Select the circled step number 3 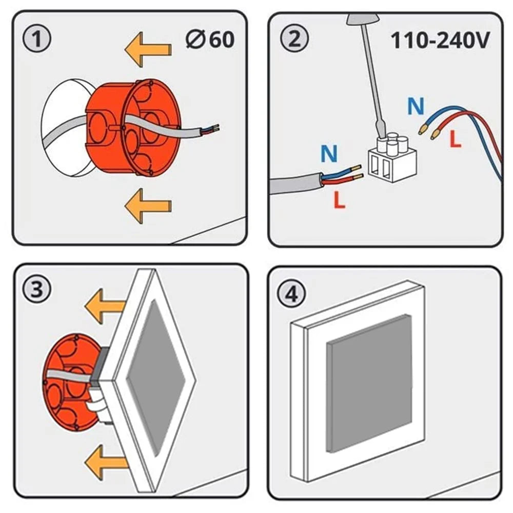(x=37, y=290)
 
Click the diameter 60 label (x=210, y=40)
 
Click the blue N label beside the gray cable (x=329, y=153)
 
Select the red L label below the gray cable (x=339, y=200)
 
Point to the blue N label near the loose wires (x=416, y=106)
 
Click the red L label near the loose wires (x=455, y=140)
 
